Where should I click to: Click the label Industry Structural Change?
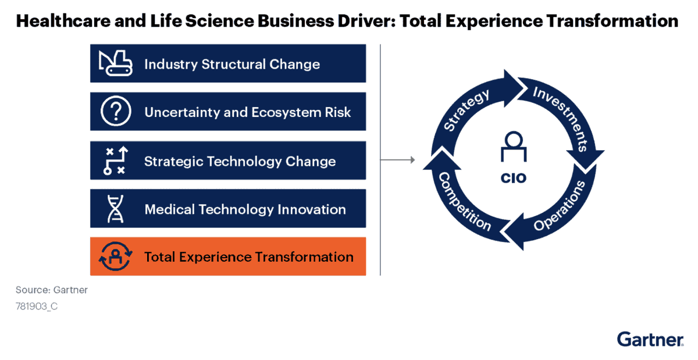coord(232,63)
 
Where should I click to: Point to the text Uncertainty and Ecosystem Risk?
coord(248,112)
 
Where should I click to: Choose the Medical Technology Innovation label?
coord(245,209)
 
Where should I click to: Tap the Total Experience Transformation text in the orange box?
coord(248,256)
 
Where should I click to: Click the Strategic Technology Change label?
coord(240,161)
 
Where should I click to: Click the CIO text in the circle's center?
coord(514,179)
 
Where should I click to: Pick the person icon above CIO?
coord(514,147)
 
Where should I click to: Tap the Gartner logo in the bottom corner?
coord(650,340)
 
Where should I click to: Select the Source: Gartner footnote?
coord(52,290)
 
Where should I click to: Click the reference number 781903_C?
coord(37,306)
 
